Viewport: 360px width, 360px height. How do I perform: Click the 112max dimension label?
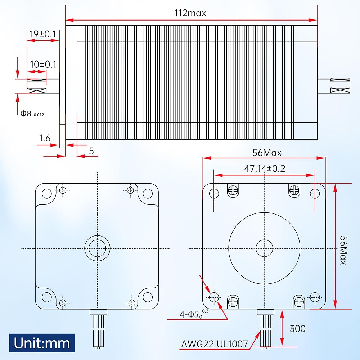[x=190, y=13]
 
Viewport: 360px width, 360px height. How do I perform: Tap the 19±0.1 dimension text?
[x=43, y=34]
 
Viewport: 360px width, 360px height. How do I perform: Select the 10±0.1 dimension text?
[x=43, y=64]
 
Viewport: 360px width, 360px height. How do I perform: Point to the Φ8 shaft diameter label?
[x=32, y=113]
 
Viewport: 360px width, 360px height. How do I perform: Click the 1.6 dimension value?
[x=45, y=138]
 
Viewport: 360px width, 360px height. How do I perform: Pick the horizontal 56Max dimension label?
[x=267, y=153]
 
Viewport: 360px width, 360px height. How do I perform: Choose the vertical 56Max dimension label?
[x=343, y=250]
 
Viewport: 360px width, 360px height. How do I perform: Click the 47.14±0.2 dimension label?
[x=265, y=169]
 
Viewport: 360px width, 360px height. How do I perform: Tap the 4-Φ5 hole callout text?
[x=194, y=314]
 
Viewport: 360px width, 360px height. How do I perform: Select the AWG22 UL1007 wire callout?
[x=215, y=344]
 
